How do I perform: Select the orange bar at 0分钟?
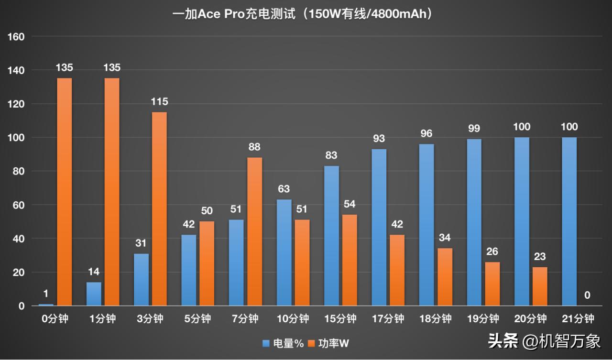tap(64, 191)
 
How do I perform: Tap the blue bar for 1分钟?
tap(94, 294)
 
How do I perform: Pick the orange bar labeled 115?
tap(159, 208)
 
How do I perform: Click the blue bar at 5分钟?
tap(189, 270)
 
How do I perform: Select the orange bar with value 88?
tap(255, 231)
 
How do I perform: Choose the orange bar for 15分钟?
tap(350, 260)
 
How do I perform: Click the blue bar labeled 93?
tap(379, 227)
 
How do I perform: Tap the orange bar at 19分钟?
tap(492, 284)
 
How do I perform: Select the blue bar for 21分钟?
tap(569, 221)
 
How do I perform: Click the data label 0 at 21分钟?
tap(587, 296)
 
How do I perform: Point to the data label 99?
tap(474, 129)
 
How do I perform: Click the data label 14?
tap(94, 272)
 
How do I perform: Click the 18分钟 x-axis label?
tap(436, 319)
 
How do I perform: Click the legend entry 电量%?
tap(283, 343)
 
